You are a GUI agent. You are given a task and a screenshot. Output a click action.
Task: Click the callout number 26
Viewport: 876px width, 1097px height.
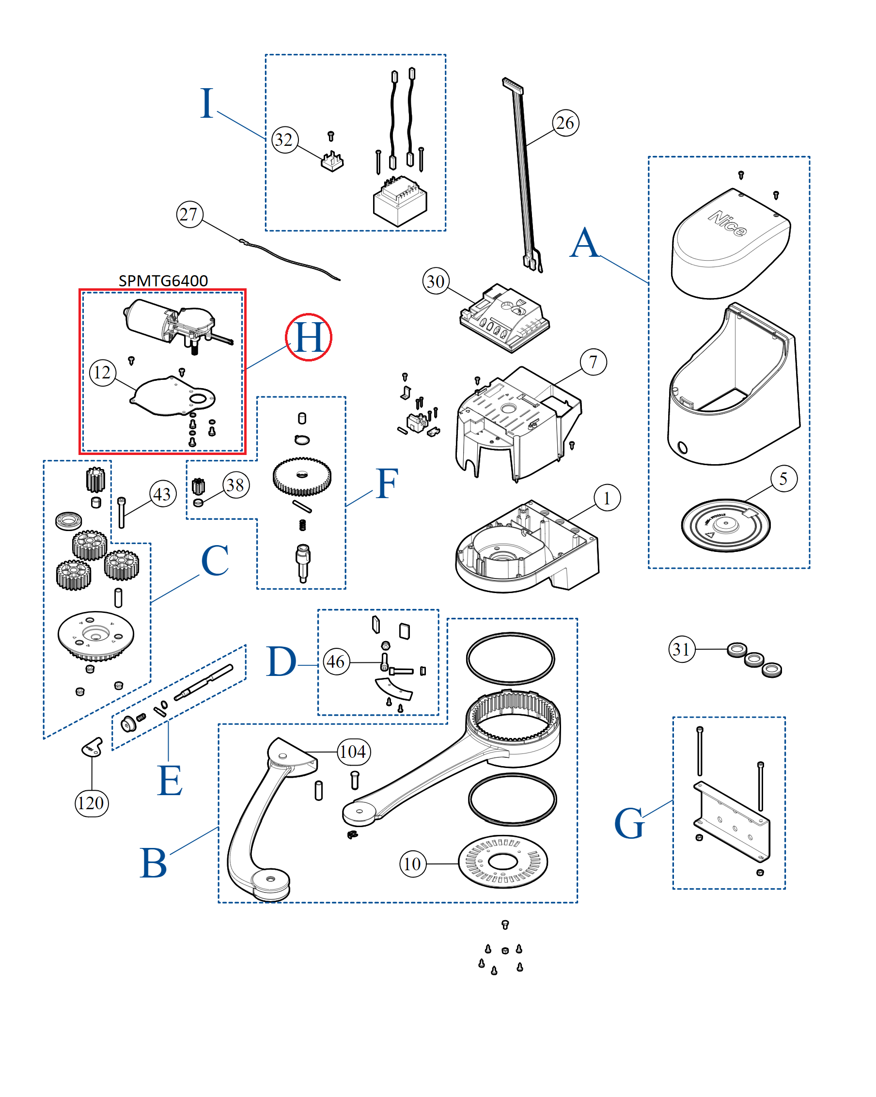(565, 123)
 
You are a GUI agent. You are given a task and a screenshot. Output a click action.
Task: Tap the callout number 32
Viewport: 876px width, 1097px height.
(284, 140)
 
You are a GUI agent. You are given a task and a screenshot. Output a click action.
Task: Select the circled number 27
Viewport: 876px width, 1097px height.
(189, 214)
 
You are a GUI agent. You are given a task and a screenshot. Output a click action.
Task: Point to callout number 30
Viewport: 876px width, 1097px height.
(436, 282)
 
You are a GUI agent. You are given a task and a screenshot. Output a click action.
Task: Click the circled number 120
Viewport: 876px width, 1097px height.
(92, 803)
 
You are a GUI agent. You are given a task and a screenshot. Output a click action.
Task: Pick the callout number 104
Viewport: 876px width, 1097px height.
(354, 752)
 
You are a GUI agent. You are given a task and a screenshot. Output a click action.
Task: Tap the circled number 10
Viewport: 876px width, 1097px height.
(413, 863)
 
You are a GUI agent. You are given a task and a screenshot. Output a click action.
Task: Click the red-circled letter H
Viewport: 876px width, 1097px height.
(308, 337)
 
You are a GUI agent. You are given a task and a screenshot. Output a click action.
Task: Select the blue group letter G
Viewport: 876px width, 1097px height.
(629, 823)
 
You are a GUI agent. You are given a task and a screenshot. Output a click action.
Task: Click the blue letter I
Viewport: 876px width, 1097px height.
(206, 103)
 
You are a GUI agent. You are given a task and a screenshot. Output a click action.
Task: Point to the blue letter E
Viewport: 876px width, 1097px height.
(170, 781)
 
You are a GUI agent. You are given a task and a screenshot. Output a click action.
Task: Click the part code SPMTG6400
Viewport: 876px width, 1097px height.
(163, 281)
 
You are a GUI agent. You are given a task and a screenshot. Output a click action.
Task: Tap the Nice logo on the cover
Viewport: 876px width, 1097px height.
(727, 224)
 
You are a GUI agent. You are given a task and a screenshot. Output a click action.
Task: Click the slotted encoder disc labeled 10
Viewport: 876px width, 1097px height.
(502, 862)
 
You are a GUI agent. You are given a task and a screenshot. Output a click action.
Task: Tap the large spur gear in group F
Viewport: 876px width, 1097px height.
(302, 476)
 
